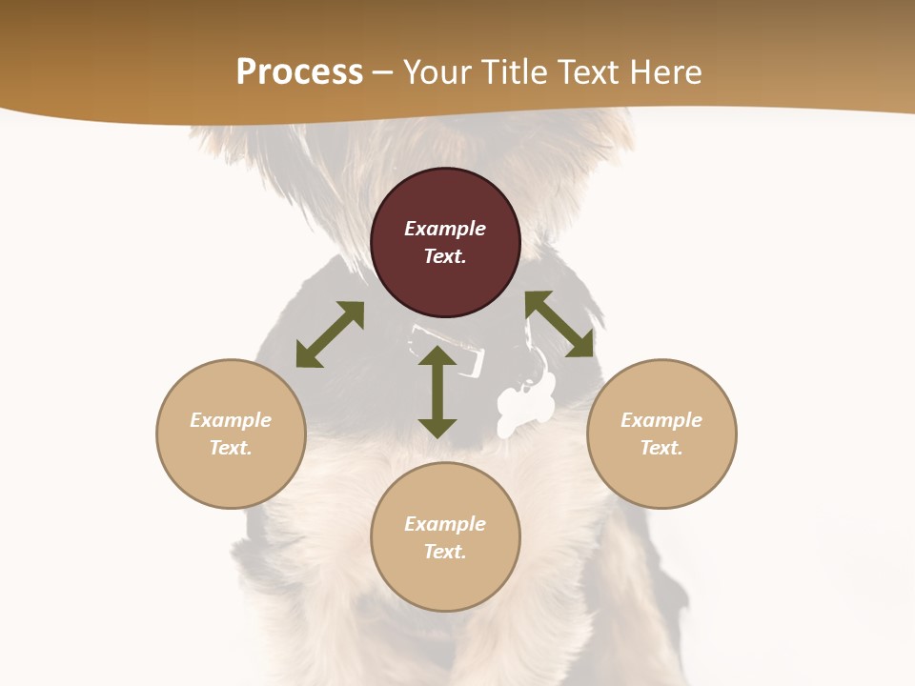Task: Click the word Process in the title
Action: [299, 72]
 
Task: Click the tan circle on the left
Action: [231, 434]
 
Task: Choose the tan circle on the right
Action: [661, 434]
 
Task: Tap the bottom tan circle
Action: [445, 536]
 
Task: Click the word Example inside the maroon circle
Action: [445, 229]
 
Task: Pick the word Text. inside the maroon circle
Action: [445, 256]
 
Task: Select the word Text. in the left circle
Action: [231, 448]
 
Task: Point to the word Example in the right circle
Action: [661, 420]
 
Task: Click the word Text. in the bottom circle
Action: [445, 552]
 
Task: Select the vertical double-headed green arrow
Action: [437, 393]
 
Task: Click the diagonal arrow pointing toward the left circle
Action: [330, 334]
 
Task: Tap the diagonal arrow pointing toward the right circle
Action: [559, 325]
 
